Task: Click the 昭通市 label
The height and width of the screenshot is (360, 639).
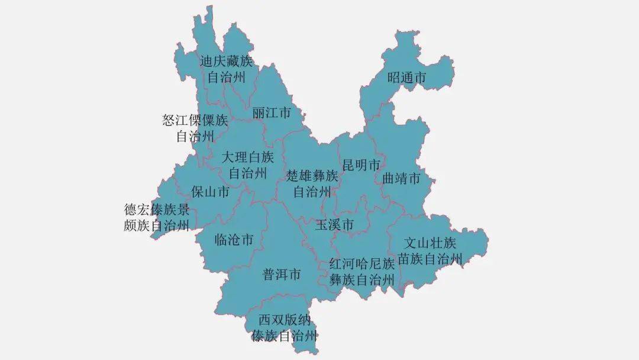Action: (407, 78)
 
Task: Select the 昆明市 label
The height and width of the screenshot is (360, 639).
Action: (361, 165)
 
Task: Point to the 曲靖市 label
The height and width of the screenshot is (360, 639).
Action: (401, 178)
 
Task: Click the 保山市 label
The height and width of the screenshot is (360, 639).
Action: (211, 191)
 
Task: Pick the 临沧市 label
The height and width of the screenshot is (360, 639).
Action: (234, 240)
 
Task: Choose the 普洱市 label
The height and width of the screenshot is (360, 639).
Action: (282, 275)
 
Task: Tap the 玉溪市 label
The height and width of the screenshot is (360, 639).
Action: (334, 225)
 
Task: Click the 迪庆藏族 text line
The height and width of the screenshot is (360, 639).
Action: (226, 62)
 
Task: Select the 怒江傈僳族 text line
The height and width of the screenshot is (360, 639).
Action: (195, 121)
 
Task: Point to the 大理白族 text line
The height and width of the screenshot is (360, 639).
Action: (248, 157)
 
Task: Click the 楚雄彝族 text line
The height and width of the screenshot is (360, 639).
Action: (312, 176)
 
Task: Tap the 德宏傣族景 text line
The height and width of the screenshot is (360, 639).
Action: (157, 210)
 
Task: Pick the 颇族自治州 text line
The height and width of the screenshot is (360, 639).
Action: (157, 225)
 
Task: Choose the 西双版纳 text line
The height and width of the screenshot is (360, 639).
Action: (284, 320)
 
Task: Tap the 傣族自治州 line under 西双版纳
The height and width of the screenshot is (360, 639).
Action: (284, 336)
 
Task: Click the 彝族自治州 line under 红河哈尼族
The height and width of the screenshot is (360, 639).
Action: (362, 279)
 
